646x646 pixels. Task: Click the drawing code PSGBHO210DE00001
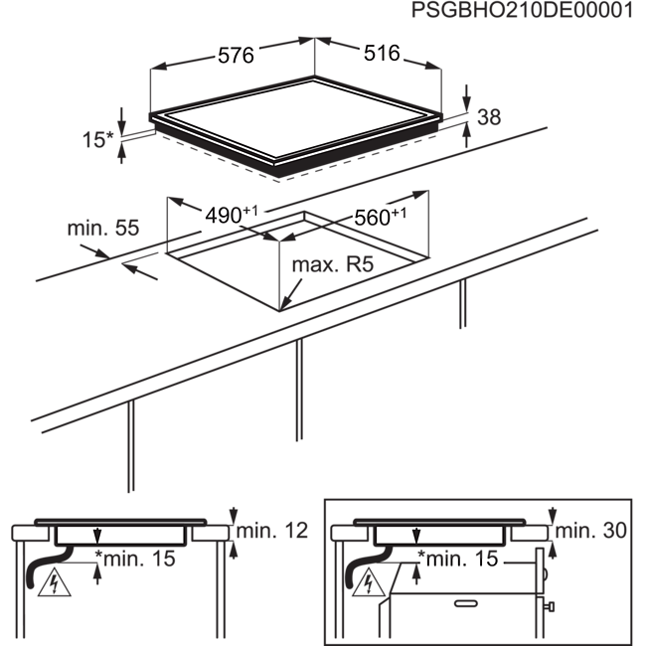(x=522, y=10)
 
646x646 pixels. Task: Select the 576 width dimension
(x=236, y=56)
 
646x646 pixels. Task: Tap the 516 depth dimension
(x=382, y=53)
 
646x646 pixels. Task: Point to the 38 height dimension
(x=489, y=117)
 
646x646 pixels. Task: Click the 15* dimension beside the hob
(x=97, y=140)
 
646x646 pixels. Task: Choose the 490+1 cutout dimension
(x=232, y=215)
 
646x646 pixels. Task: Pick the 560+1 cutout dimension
(x=380, y=217)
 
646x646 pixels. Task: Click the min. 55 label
(x=103, y=228)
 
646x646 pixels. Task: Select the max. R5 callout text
(x=333, y=264)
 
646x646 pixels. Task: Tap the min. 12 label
(x=272, y=531)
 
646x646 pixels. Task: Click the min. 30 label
(x=590, y=531)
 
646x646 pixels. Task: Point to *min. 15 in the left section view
(x=135, y=559)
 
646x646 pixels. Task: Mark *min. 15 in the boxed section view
(x=458, y=559)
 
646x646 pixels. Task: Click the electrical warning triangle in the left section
(x=54, y=583)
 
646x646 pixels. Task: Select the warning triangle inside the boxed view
(x=369, y=583)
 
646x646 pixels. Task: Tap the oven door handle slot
(x=466, y=604)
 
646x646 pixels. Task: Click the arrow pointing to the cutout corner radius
(x=291, y=294)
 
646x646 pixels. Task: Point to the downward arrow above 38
(x=466, y=97)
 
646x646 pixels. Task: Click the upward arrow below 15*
(x=121, y=152)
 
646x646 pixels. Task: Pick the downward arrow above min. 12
(x=234, y=516)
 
